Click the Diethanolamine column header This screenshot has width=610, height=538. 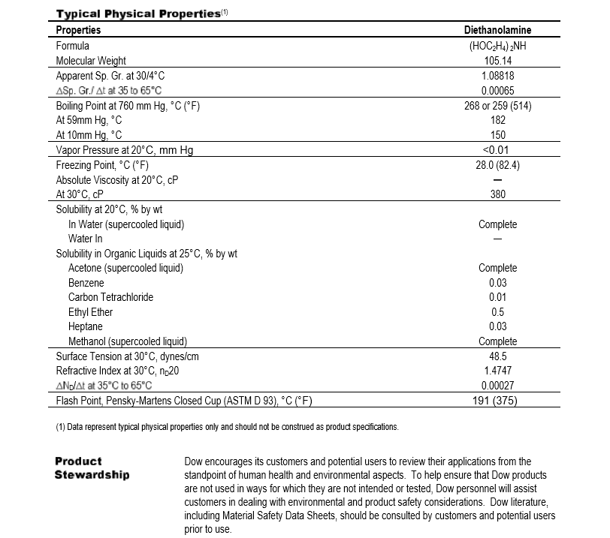(497, 30)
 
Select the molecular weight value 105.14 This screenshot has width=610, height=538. (497, 61)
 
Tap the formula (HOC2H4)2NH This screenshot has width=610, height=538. (497, 46)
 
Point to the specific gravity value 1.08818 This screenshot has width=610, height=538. (497, 76)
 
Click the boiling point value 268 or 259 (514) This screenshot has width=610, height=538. (497, 106)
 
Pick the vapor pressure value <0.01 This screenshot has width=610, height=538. (497, 150)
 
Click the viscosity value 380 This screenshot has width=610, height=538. (497, 194)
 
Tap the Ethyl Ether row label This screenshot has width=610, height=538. (90, 312)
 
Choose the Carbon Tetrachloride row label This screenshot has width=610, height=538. (110, 297)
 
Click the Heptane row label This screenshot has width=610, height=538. (85, 327)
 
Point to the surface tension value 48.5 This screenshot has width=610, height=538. (497, 356)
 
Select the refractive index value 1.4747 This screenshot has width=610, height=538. (497, 371)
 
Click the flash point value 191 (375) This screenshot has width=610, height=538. (497, 401)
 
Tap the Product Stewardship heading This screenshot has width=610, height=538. (92, 467)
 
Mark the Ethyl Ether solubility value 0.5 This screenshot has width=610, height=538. (497, 312)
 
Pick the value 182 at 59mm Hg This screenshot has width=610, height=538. (497, 120)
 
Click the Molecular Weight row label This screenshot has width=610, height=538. (91, 61)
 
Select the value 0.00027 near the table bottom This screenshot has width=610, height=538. (497, 386)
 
